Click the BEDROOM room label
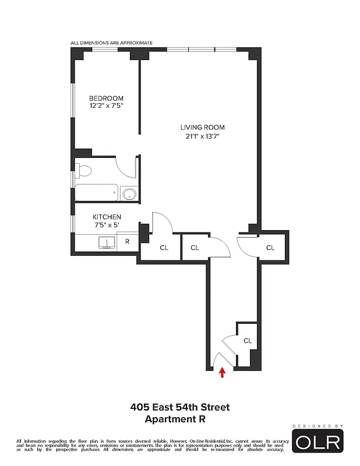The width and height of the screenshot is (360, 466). (105, 98)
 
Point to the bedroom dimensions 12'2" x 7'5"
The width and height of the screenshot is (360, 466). (105, 107)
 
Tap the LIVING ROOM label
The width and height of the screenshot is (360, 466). (202, 128)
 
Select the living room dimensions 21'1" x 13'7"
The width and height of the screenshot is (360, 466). (202, 136)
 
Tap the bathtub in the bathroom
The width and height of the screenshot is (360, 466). (96, 193)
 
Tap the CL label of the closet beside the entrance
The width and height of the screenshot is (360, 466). (247, 341)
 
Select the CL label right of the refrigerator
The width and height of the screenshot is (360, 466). (164, 248)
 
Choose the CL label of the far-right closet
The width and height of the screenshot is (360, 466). (270, 248)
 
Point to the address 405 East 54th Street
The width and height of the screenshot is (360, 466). (180, 407)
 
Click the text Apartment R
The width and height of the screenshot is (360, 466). (175, 418)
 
